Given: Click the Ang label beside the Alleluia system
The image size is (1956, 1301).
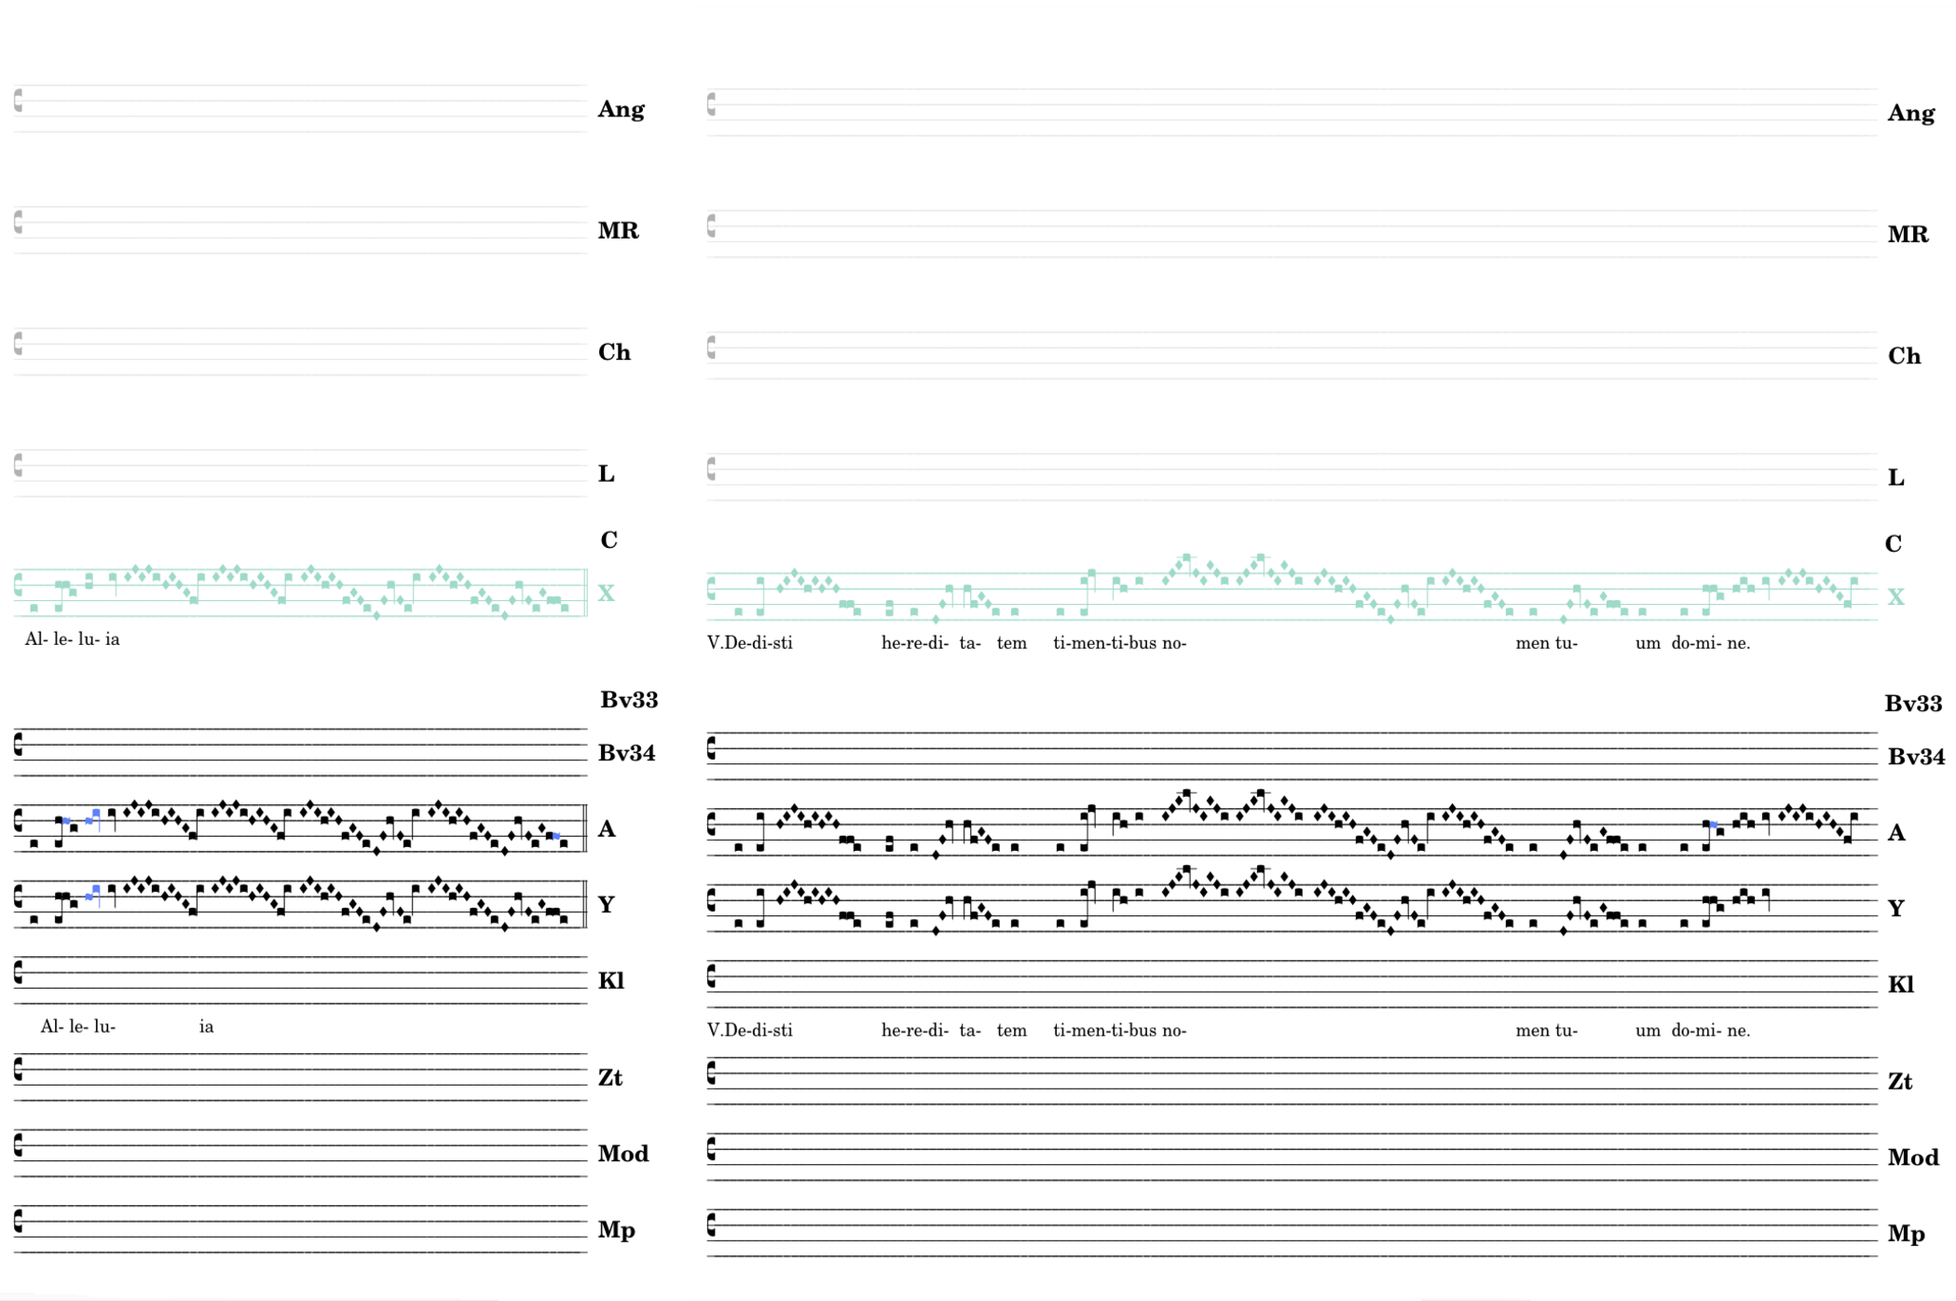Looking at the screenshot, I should (x=621, y=110).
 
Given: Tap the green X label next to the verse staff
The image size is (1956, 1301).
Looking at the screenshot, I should (x=1895, y=597).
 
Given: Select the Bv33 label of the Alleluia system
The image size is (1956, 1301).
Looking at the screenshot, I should (x=629, y=700).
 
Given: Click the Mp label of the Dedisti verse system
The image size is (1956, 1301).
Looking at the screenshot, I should (x=1906, y=1234).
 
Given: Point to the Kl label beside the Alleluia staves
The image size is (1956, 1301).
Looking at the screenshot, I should (x=611, y=980).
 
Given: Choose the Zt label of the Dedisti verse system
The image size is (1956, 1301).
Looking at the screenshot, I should (x=1900, y=1082).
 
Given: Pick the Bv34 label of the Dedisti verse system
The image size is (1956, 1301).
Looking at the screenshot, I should (x=1916, y=757).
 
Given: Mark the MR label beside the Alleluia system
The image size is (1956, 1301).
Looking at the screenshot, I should (x=618, y=231).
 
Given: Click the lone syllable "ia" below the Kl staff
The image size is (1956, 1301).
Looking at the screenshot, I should (x=206, y=1027).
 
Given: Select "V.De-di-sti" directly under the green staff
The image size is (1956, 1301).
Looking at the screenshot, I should (x=750, y=643).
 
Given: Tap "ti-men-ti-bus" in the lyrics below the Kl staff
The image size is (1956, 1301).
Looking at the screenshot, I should (x=1104, y=1031).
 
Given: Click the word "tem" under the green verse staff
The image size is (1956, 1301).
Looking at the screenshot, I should (x=1011, y=643).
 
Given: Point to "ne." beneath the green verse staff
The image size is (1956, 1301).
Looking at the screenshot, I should (x=1739, y=643).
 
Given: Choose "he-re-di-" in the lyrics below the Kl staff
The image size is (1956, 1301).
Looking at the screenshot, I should (x=914, y=1031).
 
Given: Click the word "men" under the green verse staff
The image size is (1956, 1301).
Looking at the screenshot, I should (x=1532, y=643).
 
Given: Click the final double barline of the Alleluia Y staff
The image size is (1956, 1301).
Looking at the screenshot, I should (x=584, y=904).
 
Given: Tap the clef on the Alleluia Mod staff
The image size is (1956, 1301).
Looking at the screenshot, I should (x=18, y=1145).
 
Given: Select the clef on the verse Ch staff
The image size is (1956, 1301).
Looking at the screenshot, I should (x=711, y=348).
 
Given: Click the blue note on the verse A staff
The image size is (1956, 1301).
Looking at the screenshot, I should (x=1714, y=825).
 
